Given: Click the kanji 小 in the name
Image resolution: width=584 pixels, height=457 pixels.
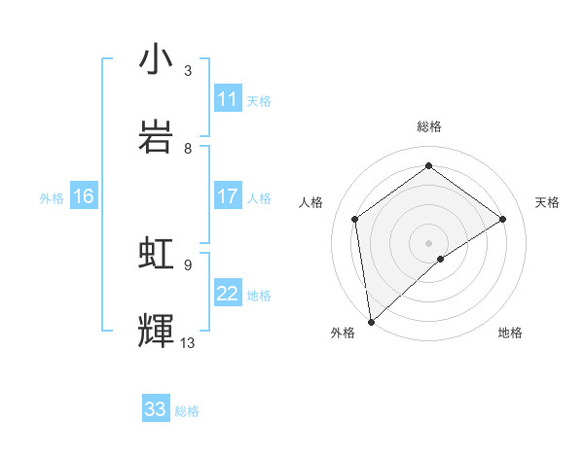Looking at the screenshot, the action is click(157, 60).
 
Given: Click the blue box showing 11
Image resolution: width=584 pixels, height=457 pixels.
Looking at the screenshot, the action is click(228, 99).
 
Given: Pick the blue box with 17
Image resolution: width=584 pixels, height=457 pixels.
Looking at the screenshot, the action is click(228, 197).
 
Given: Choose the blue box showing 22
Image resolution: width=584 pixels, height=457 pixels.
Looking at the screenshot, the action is click(228, 294).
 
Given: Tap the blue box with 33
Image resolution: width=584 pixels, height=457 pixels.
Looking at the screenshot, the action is click(156, 409).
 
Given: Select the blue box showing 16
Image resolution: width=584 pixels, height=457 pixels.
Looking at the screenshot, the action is click(84, 197).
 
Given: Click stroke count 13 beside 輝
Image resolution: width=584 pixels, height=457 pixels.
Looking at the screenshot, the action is click(188, 342).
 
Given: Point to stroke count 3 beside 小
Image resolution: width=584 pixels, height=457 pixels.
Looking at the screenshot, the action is click(188, 71).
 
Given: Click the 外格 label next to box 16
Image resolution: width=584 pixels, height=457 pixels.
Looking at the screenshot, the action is click(52, 198).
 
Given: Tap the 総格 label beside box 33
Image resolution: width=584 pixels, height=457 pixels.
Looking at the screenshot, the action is click(188, 411).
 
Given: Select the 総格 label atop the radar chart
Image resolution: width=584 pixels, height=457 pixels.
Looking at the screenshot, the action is click(428, 126).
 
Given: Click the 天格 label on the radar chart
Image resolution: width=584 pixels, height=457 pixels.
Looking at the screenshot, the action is click(547, 202).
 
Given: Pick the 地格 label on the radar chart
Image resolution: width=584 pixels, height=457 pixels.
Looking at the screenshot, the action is click(510, 333).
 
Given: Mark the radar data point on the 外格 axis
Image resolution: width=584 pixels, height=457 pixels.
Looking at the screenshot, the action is click(370, 321).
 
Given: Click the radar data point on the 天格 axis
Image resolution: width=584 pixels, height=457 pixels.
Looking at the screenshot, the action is click(502, 219).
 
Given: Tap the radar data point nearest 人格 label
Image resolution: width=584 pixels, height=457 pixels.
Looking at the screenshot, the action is click(355, 219).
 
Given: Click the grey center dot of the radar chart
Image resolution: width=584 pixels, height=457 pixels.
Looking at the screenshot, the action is click(428, 242).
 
